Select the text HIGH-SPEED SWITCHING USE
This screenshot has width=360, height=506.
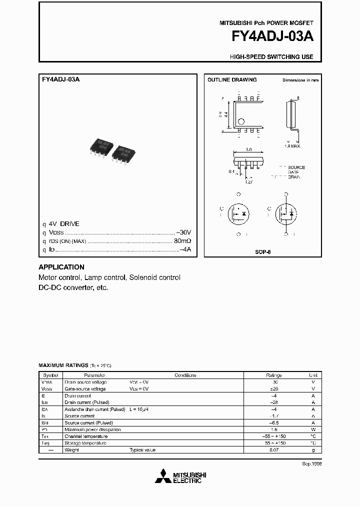pos(271,57)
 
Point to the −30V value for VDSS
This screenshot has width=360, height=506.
pos(183,232)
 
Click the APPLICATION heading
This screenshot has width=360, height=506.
pos(61,267)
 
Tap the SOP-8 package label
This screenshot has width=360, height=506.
pos(262,252)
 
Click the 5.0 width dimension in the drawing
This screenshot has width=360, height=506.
pos(248,149)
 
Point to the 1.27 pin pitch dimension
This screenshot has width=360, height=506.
pos(248,181)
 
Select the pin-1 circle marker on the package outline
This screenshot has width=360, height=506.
pos(240,121)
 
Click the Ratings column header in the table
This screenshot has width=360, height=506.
pos(273,375)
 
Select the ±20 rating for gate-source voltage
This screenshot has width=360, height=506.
pos(273,388)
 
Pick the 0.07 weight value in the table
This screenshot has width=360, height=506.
pos(273,449)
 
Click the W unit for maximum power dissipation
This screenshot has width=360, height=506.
pos(313,429)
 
